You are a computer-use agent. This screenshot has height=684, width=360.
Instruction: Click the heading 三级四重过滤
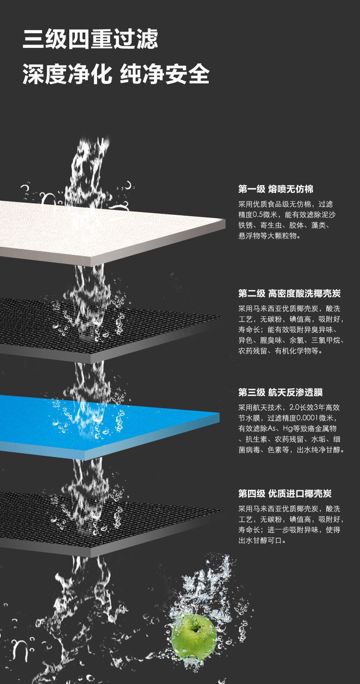(90, 39)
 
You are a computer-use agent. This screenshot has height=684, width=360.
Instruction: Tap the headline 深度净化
(67, 74)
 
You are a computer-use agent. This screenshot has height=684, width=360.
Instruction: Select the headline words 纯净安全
(165, 74)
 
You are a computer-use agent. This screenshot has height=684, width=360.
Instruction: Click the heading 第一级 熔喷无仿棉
(276, 189)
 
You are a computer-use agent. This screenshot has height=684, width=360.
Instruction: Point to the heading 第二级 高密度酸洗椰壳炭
(289, 294)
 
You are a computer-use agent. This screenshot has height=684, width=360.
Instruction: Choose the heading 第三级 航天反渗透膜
(280, 392)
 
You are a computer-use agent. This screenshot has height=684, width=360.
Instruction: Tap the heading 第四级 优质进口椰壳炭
(285, 494)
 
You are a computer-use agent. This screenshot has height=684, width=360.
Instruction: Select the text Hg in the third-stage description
(287, 429)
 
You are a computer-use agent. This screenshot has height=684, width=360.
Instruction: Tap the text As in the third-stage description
(272, 429)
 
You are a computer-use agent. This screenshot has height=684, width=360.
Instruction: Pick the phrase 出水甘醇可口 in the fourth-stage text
(260, 540)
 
